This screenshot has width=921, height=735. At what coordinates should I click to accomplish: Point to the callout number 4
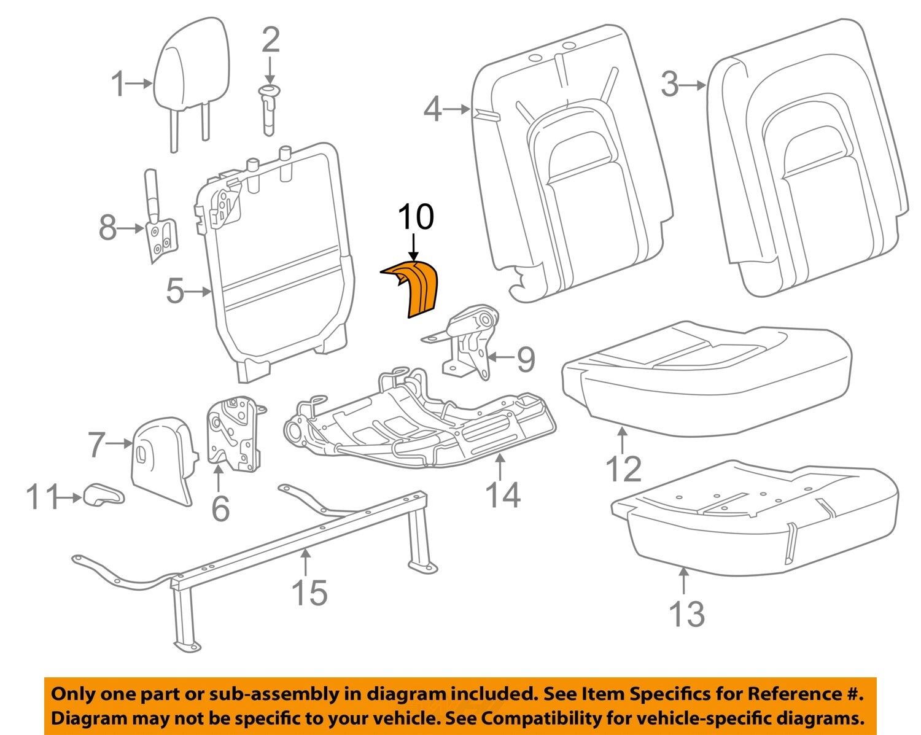(433, 110)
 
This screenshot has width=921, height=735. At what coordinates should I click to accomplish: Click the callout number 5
(175, 291)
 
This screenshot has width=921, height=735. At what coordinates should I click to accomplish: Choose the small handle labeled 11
(104, 495)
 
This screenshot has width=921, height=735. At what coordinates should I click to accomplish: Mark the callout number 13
(686, 613)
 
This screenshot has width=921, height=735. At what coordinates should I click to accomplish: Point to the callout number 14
(503, 495)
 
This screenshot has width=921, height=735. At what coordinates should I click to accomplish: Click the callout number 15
(309, 593)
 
